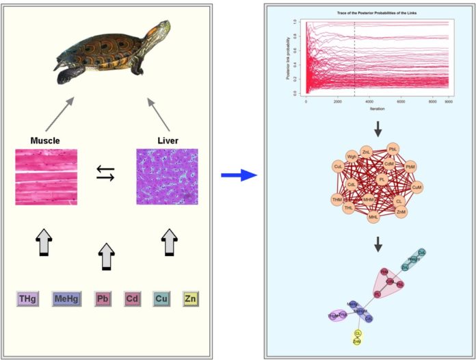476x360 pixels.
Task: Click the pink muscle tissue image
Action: point(46,177)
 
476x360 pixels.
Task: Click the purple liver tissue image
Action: point(167,177)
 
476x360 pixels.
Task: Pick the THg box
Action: point(27,298)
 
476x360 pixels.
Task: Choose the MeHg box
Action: point(66,298)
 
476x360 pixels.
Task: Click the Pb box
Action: point(103,298)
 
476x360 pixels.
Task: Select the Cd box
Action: point(133,298)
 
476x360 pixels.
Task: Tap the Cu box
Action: point(162,298)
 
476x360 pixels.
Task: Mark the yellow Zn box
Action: point(191,298)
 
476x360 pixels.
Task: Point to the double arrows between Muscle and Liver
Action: point(106,174)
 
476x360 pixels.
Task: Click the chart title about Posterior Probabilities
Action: point(369,13)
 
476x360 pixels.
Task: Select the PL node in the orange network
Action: point(382,179)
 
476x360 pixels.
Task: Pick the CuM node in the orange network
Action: point(417,185)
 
